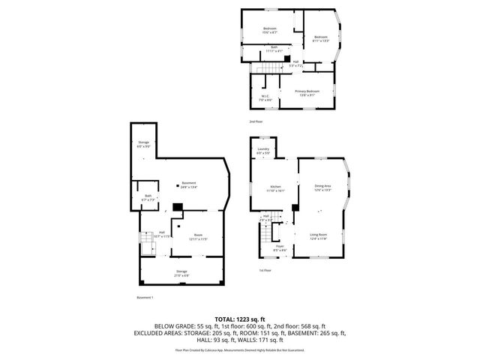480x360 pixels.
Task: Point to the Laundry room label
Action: point(262,151)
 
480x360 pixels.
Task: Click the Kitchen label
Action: point(275,188)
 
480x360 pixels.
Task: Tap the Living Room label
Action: point(319,237)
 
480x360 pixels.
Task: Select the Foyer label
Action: point(278,247)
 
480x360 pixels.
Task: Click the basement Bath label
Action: point(148,198)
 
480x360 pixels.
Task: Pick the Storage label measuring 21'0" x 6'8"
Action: point(181,272)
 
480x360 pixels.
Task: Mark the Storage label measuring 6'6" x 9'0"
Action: point(143,144)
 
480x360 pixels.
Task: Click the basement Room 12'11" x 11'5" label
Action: point(198,237)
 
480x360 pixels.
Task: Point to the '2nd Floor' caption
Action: point(256,121)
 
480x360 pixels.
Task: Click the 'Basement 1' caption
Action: point(145,298)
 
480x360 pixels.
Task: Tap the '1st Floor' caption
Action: point(265,270)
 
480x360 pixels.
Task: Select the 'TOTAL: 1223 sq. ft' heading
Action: point(240,319)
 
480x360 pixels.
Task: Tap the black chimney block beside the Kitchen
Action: point(295,208)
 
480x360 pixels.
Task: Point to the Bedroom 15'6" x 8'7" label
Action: point(269,30)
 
